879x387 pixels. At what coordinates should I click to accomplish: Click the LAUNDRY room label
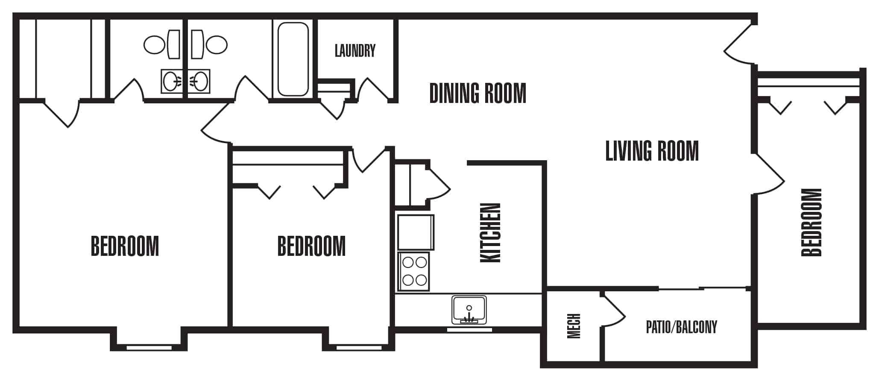tap(355, 51)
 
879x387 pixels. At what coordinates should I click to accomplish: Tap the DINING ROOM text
tap(478, 94)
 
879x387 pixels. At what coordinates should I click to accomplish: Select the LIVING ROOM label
tap(652, 151)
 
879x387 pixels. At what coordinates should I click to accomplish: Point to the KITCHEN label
tap(490, 233)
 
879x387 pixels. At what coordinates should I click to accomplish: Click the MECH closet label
tap(574, 326)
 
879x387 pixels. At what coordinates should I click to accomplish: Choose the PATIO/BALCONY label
tap(681, 327)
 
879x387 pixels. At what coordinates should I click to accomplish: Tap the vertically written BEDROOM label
tap(812, 222)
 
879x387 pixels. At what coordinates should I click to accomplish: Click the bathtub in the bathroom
tap(293, 59)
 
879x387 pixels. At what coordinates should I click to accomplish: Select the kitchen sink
tap(469, 310)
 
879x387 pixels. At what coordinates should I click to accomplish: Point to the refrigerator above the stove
tap(416, 232)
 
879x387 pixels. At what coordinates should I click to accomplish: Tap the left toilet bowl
tap(155, 44)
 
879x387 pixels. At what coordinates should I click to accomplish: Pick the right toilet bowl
tap(217, 44)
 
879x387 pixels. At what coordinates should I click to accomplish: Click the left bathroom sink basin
tap(171, 81)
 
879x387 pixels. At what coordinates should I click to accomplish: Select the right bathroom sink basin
tap(200, 81)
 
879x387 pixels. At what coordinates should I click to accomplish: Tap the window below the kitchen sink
tap(469, 330)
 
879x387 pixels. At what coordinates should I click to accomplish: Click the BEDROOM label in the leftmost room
tap(125, 246)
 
